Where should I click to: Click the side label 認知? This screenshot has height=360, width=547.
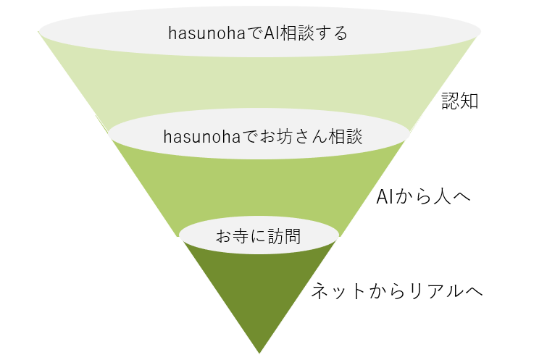(x=460, y=101)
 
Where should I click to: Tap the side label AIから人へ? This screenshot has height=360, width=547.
(x=424, y=196)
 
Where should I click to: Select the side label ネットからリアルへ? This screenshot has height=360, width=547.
(x=397, y=291)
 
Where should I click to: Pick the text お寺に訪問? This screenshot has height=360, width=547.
(x=258, y=235)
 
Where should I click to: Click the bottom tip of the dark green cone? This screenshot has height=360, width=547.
(x=259, y=351)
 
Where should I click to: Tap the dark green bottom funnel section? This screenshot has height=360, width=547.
(x=259, y=290)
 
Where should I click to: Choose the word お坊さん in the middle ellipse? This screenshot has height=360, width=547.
(x=280, y=135)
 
